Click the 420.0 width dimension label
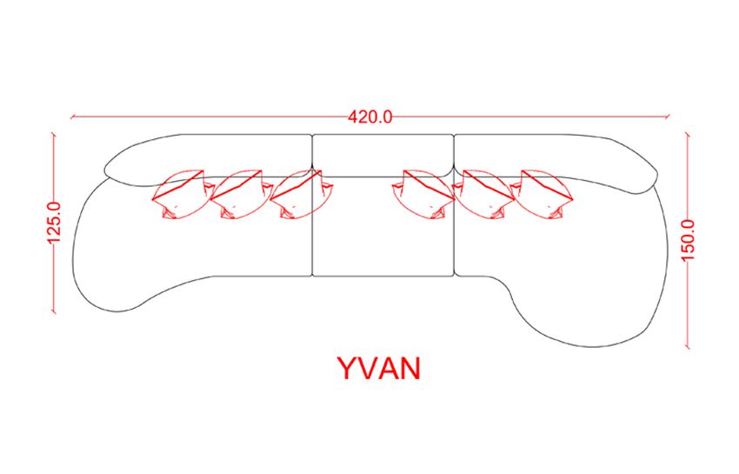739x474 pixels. coord(370,117)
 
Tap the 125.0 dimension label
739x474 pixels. coord(54,222)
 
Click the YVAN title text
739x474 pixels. coord(379,369)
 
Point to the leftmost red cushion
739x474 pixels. coord(183,194)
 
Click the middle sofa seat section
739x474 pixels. coord(383,226)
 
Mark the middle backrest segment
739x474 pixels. coord(383,155)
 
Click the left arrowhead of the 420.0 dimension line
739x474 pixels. coord(71,117)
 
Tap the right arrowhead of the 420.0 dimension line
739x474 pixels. coord(669,117)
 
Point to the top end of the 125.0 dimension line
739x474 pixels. coord(54,136)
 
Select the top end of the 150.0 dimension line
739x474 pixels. coord(688,136)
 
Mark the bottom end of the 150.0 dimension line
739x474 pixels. coord(688,347)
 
